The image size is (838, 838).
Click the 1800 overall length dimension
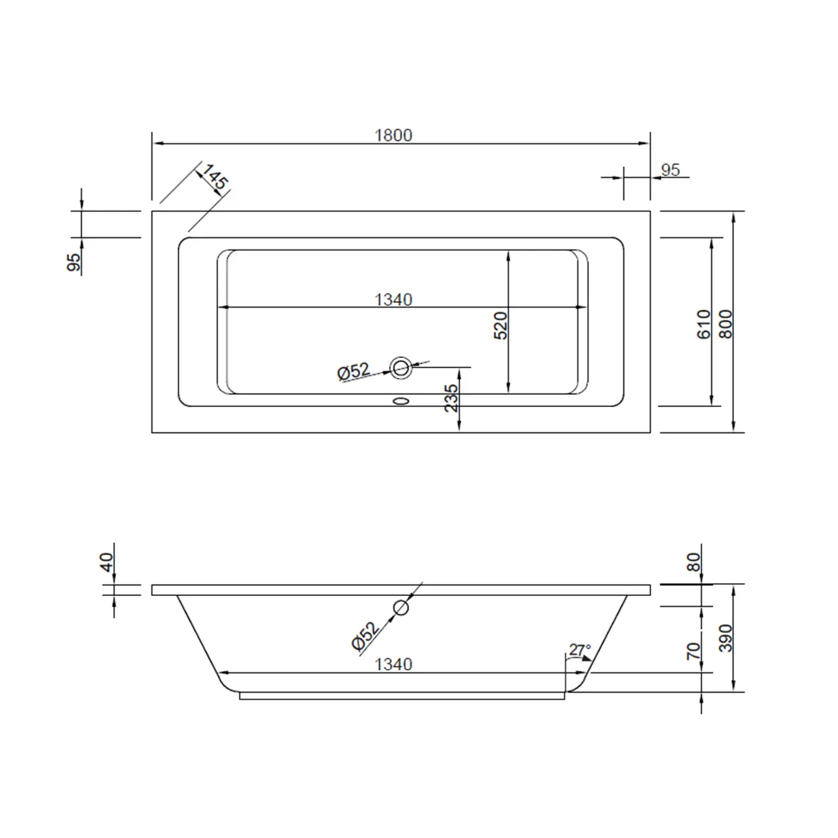click(x=393, y=135)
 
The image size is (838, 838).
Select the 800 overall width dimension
click(x=726, y=324)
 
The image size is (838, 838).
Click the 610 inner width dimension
click(x=703, y=324)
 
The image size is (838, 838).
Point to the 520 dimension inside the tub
click(x=500, y=325)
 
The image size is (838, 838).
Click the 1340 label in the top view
click(x=393, y=300)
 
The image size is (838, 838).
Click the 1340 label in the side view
click(x=393, y=664)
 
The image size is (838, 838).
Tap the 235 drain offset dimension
click(x=451, y=398)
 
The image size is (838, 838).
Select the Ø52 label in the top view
click(x=353, y=371)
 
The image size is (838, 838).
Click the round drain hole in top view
click(x=401, y=367)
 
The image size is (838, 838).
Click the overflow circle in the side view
click(x=401, y=607)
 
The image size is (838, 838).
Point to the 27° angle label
click(x=580, y=650)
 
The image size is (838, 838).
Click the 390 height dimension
click(x=726, y=638)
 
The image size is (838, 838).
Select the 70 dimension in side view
click(x=694, y=650)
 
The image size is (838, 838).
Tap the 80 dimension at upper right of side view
click(x=694, y=562)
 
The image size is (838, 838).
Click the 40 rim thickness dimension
click(x=107, y=562)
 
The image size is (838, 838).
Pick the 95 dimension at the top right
click(x=670, y=170)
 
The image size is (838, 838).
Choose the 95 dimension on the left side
click(x=74, y=261)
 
